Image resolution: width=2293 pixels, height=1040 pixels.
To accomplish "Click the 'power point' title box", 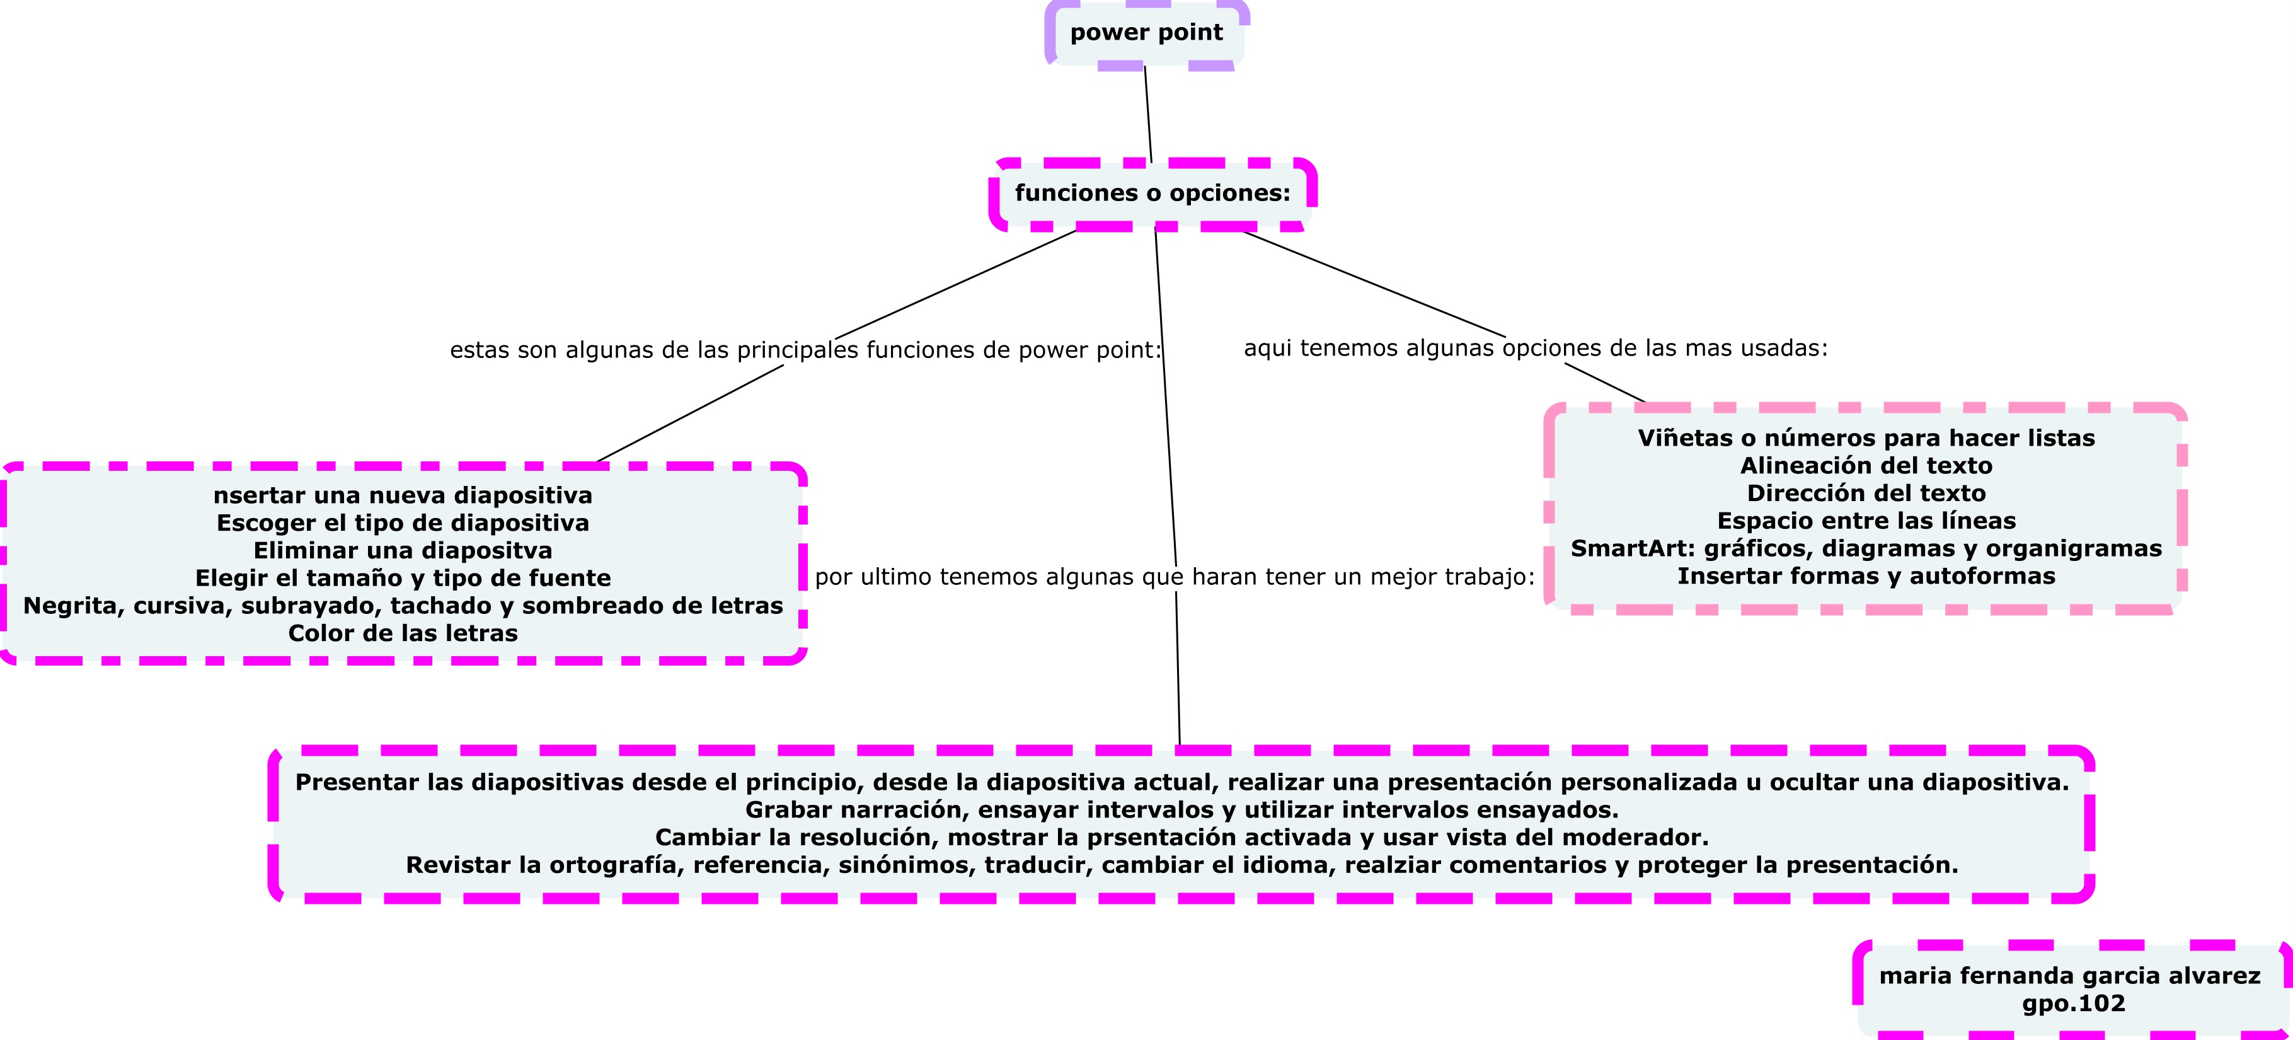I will pos(1147,33).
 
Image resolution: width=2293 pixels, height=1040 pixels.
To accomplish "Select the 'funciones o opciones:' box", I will pos(1152,194).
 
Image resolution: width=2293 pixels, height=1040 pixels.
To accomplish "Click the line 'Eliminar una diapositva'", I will pos(403,551).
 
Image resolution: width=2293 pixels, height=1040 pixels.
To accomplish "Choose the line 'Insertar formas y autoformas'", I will pos(1866,577).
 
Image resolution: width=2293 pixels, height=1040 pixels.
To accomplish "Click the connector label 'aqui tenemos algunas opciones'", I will pos(1534,348).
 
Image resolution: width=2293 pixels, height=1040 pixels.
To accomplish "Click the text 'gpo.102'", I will pos(2073,1004).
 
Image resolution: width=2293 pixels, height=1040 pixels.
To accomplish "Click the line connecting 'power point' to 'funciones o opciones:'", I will pos(1148,114).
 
